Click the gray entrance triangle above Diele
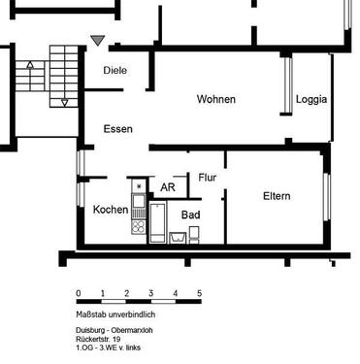(x=96, y=41)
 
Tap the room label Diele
(x=116, y=71)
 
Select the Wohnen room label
(x=215, y=100)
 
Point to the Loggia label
(x=311, y=99)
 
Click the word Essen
(x=117, y=129)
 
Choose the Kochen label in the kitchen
(x=110, y=210)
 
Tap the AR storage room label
(x=167, y=187)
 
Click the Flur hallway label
(x=207, y=178)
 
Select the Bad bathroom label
(x=190, y=214)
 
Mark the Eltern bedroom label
(x=277, y=196)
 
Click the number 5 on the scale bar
(x=199, y=293)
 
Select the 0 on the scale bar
(x=78, y=293)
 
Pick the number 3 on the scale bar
(x=150, y=293)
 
